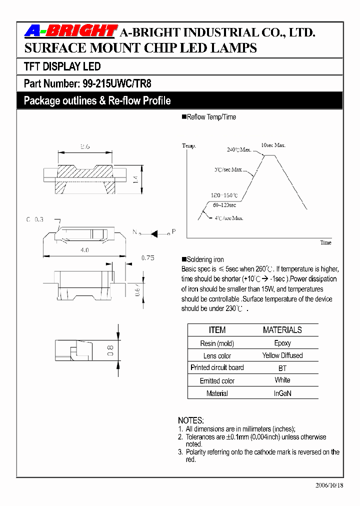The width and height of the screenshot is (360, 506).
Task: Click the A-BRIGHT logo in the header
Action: (70, 31)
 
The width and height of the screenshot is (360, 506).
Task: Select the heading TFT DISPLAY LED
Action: (62, 66)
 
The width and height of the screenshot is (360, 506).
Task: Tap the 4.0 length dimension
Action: (85, 249)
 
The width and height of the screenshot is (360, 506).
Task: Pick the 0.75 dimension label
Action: (147, 257)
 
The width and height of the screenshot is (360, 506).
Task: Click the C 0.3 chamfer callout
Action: (35, 219)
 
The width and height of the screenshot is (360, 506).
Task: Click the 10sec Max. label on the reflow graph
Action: (273, 145)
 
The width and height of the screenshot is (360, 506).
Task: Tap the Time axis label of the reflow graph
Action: (325, 242)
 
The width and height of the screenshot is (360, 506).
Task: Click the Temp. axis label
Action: (189, 145)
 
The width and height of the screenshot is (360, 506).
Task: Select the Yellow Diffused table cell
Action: (282, 355)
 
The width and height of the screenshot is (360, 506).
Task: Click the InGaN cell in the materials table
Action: (282, 393)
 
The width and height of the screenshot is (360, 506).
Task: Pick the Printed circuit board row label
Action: (217, 367)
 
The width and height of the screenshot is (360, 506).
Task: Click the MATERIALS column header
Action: (282, 330)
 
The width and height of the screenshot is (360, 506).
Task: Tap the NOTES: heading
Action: (191, 420)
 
